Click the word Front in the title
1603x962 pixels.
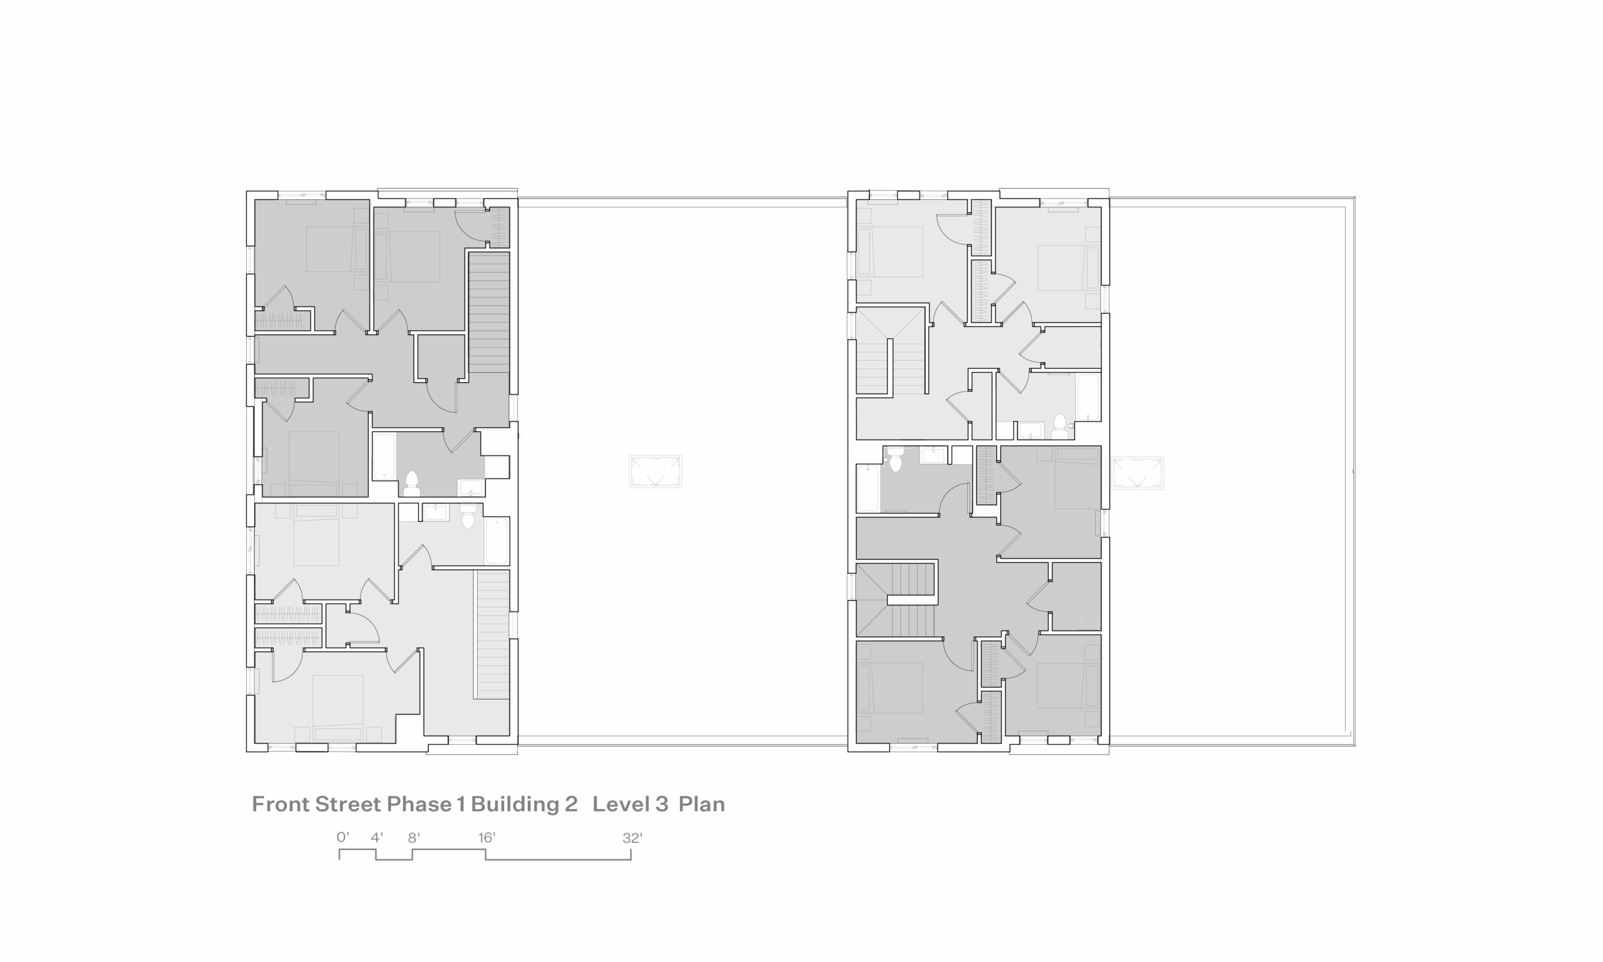pyautogui.click(x=281, y=804)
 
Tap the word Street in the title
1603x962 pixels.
pyautogui.click(x=348, y=804)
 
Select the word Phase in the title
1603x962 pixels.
pyautogui.click(x=419, y=804)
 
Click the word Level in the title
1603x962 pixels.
pyautogui.click(x=621, y=804)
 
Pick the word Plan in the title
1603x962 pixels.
pyautogui.click(x=702, y=804)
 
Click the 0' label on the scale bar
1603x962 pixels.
pyautogui.click(x=343, y=837)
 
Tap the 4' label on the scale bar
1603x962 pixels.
pyautogui.click(x=377, y=837)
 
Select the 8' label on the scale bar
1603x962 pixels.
pyautogui.click(x=414, y=837)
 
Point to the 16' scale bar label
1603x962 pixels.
pyautogui.click(x=487, y=837)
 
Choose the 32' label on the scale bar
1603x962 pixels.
pyautogui.click(x=632, y=837)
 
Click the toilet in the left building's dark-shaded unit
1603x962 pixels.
pyautogui.click(x=411, y=484)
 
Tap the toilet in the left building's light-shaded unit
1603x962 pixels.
pyautogui.click(x=468, y=516)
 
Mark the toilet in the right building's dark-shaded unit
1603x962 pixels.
pyautogui.click(x=895, y=459)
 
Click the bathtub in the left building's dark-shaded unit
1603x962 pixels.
pyautogui.click(x=384, y=457)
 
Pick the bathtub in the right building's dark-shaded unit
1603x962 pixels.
pyautogui.click(x=868, y=488)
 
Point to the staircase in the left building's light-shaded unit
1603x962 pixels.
pyautogui.click(x=493, y=634)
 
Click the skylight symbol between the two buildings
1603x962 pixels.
pyautogui.click(x=655, y=471)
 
